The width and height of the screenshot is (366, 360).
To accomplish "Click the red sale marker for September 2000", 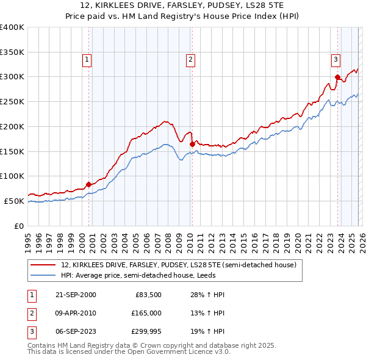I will pyautogui.click(x=89, y=184).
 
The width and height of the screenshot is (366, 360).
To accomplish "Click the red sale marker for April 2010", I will pyautogui.click(x=192, y=144).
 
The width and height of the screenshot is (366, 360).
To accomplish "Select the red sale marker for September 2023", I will pyautogui.click(x=337, y=77).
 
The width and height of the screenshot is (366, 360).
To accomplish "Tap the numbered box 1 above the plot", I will pyautogui.click(x=87, y=60).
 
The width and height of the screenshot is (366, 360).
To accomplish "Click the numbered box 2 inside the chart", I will pyautogui.click(x=190, y=60).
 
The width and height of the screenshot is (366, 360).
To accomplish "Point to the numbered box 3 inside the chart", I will pyautogui.click(x=335, y=60).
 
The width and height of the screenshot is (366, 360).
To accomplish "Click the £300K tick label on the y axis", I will pyautogui.click(x=12, y=77).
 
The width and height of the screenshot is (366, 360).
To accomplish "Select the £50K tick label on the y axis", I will pyautogui.click(x=14, y=201).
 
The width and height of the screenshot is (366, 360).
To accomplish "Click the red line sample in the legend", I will pyautogui.click(x=43, y=265).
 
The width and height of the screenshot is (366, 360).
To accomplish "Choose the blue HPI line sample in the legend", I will pyautogui.click(x=43, y=275).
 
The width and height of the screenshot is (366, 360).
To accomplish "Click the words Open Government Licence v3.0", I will pyautogui.click(x=177, y=351).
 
